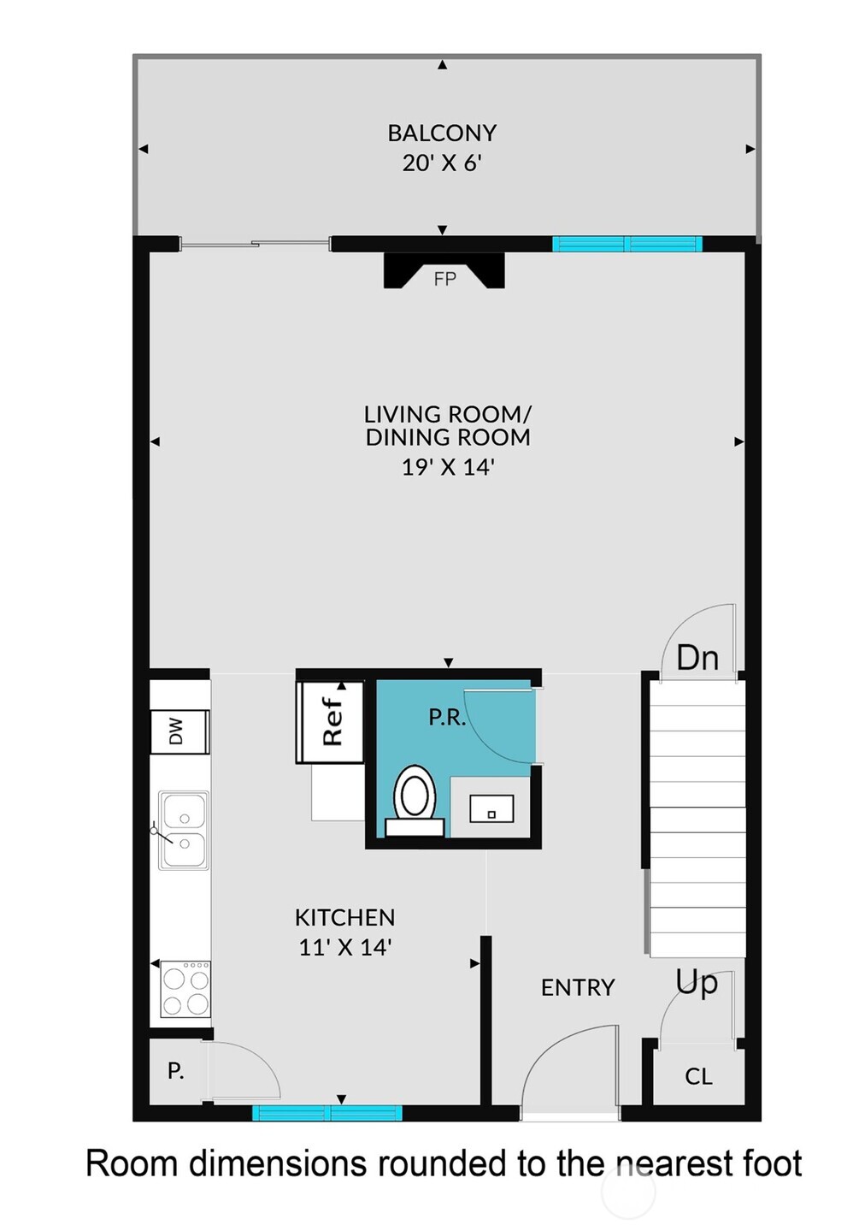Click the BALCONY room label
[x=442, y=133]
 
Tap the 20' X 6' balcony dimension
[x=442, y=163]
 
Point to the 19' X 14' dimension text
[x=448, y=467]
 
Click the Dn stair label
[x=697, y=658]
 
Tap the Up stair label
[x=697, y=982]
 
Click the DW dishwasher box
[x=179, y=731]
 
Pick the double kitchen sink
[x=184, y=830]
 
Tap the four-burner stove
[x=185, y=990]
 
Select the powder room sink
[x=491, y=808]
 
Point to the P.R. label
[x=447, y=717]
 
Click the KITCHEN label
[x=344, y=918]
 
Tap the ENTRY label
[x=578, y=987]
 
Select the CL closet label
[x=698, y=1076]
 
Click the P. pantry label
[x=175, y=1070]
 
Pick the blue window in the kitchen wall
[x=327, y=1113]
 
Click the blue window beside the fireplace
[x=627, y=244]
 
